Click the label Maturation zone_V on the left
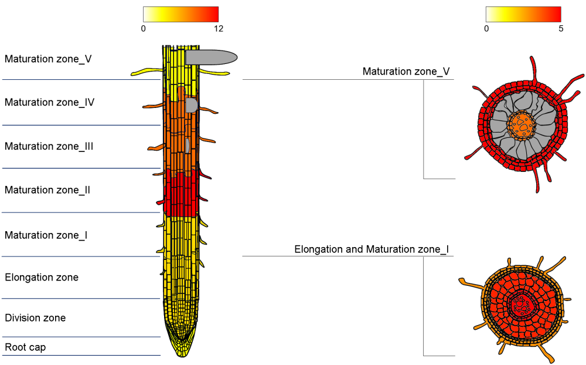tap(48, 59)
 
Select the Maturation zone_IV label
tap(49, 103)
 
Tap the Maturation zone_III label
tap(49, 147)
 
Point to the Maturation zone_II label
tap(47, 190)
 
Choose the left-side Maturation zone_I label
tap(46, 235)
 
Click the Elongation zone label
tap(41, 278)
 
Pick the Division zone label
tap(35, 318)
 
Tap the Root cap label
tap(25, 347)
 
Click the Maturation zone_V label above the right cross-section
tap(406, 72)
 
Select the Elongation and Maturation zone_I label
tap(372, 250)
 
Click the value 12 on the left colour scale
tap(219, 28)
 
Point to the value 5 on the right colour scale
tap(561, 28)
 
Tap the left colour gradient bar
tap(180, 14)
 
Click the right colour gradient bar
tap(523, 14)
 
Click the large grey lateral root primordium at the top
tap(211, 57)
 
